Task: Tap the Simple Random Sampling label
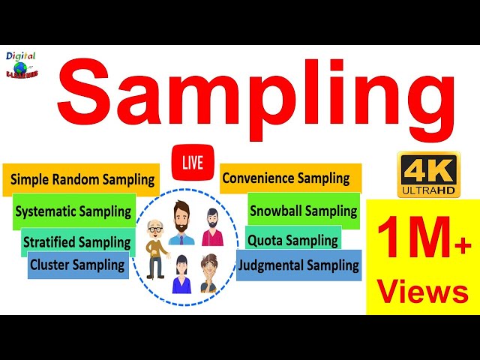82,180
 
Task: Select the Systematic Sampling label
73,211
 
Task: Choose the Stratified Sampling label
77,242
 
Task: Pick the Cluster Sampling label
77,265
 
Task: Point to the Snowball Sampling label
303,211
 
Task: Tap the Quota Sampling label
292,241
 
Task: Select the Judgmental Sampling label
298,265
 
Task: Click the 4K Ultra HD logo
427,175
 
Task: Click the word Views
423,291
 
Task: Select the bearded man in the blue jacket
181,223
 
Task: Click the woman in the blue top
181,274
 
